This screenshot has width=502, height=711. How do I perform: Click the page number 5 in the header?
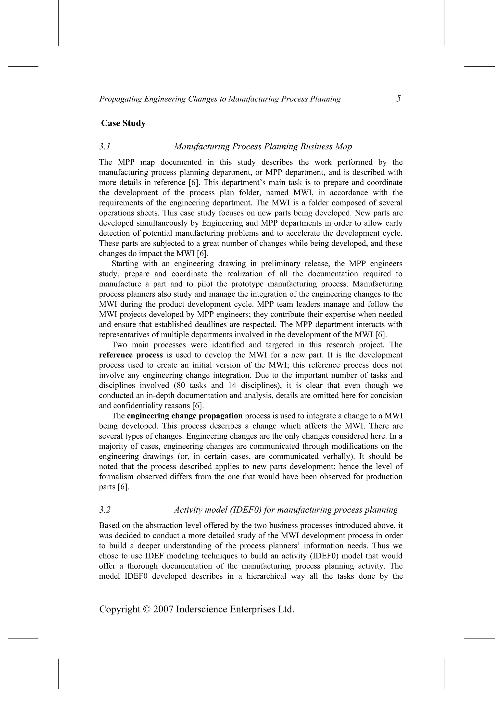point(398,99)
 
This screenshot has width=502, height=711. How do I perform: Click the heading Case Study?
point(123,123)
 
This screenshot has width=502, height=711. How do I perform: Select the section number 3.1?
point(105,146)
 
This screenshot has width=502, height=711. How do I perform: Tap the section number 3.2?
point(105,510)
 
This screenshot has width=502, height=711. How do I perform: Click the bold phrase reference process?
point(131,355)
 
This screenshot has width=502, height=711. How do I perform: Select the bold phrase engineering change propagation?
point(185,416)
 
